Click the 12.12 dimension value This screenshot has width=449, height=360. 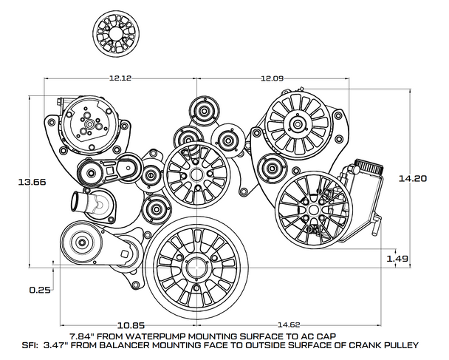click(x=120, y=78)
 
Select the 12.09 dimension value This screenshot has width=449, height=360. click(x=270, y=78)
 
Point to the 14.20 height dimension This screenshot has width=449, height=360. click(x=411, y=178)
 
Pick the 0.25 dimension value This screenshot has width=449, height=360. click(x=39, y=290)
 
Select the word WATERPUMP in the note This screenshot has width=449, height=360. click(x=167, y=335)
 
